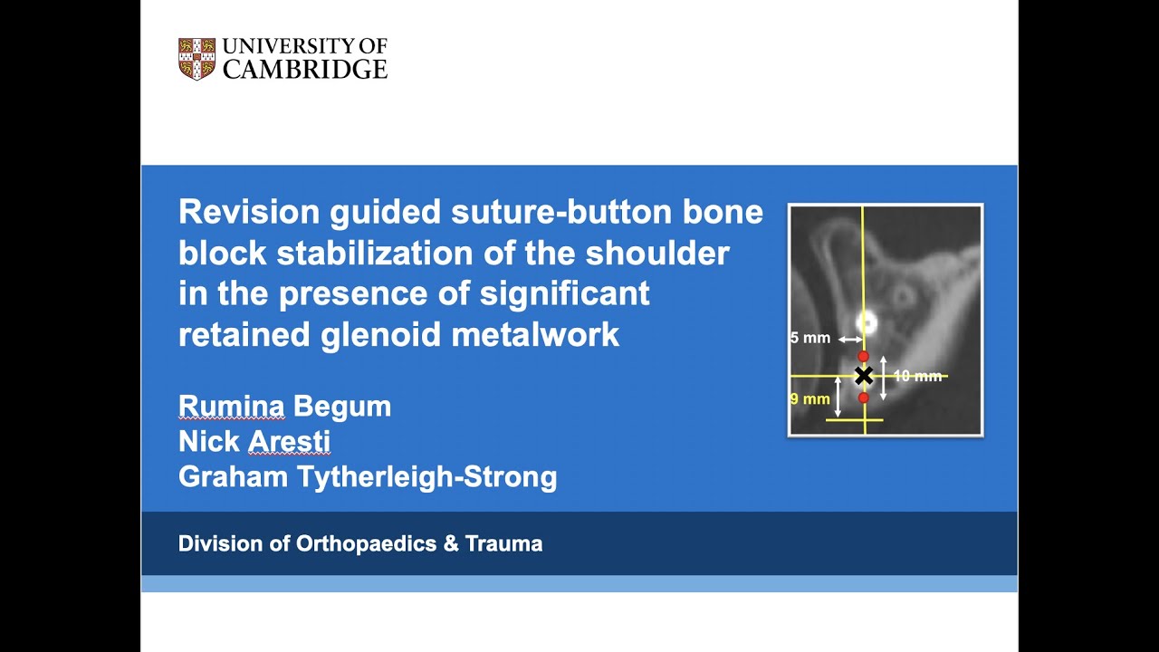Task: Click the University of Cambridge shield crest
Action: [x=196, y=59]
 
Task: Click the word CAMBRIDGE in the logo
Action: [x=305, y=70]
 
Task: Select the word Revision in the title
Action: [x=249, y=212]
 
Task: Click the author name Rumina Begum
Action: [x=284, y=407]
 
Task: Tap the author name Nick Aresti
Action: [x=254, y=442]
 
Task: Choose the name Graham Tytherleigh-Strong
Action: [x=368, y=477]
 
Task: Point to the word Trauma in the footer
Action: [x=503, y=544]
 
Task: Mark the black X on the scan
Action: [x=863, y=375]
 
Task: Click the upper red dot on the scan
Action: [x=863, y=357]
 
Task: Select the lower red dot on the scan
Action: [x=864, y=398]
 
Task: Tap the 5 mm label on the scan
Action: [x=809, y=339]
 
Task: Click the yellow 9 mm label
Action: [x=809, y=398]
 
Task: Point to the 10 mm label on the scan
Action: [x=917, y=376]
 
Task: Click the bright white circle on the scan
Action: [x=867, y=321]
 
